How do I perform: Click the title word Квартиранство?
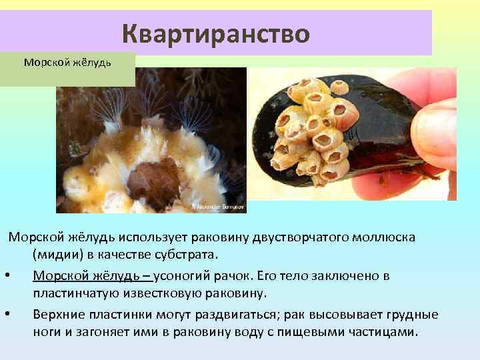(x=216, y=33)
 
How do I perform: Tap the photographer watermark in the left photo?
(x=221, y=207)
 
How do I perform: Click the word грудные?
(x=415, y=314)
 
